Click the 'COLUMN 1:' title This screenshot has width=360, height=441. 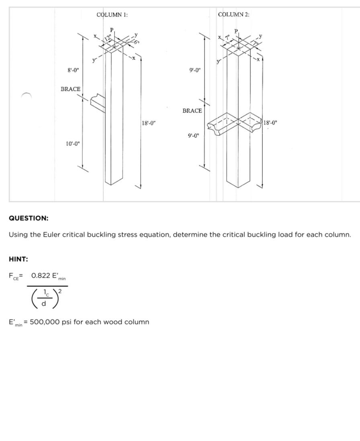click(112, 14)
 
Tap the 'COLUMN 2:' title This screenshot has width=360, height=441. click(233, 14)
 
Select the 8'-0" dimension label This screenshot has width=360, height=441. click(73, 70)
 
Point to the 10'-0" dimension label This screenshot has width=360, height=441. click(73, 143)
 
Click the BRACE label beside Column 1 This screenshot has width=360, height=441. click(71, 89)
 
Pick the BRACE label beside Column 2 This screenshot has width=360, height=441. click(192, 111)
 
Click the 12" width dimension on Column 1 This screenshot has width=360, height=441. click(107, 38)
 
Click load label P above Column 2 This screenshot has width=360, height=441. click(236, 31)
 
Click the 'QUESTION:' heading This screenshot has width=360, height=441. click(29, 218)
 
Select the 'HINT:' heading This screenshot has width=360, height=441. click(18, 259)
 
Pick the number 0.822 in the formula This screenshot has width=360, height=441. click(40, 276)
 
